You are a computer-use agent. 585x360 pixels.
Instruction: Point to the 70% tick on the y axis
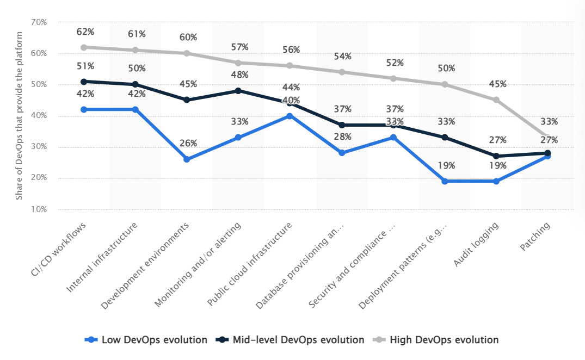(x=39, y=22)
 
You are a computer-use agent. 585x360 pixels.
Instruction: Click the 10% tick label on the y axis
(x=39, y=209)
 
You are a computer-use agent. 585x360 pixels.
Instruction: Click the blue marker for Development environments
(x=187, y=159)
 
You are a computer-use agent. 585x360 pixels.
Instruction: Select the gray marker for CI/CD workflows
(x=84, y=47)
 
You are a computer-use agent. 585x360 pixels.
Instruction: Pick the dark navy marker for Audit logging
(x=496, y=156)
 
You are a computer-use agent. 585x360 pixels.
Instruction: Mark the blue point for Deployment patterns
(x=445, y=181)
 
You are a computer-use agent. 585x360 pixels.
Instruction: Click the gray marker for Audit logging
(x=496, y=100)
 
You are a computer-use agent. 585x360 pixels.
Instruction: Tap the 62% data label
(x=85, y=32)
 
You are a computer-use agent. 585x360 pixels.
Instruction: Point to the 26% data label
(x=188, y=144)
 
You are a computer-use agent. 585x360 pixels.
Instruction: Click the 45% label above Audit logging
(x=497, y=84)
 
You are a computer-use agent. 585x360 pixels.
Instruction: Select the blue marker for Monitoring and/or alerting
(x=238, y=138)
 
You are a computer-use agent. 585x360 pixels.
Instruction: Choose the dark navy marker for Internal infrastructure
(x=136, y=84)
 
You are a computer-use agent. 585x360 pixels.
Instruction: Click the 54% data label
(x=342, y=57)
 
